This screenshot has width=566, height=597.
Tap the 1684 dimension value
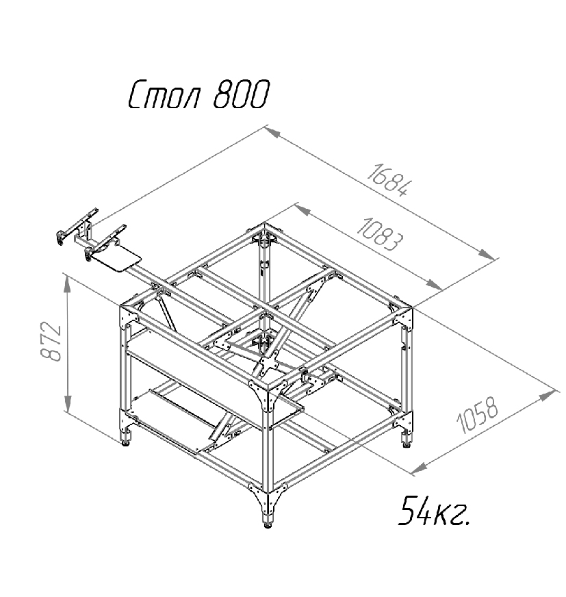389,180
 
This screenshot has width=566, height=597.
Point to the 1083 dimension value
379,234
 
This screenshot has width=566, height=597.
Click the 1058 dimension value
477,416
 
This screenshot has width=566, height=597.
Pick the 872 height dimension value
51,342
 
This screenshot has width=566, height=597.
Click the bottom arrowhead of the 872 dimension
67,403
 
